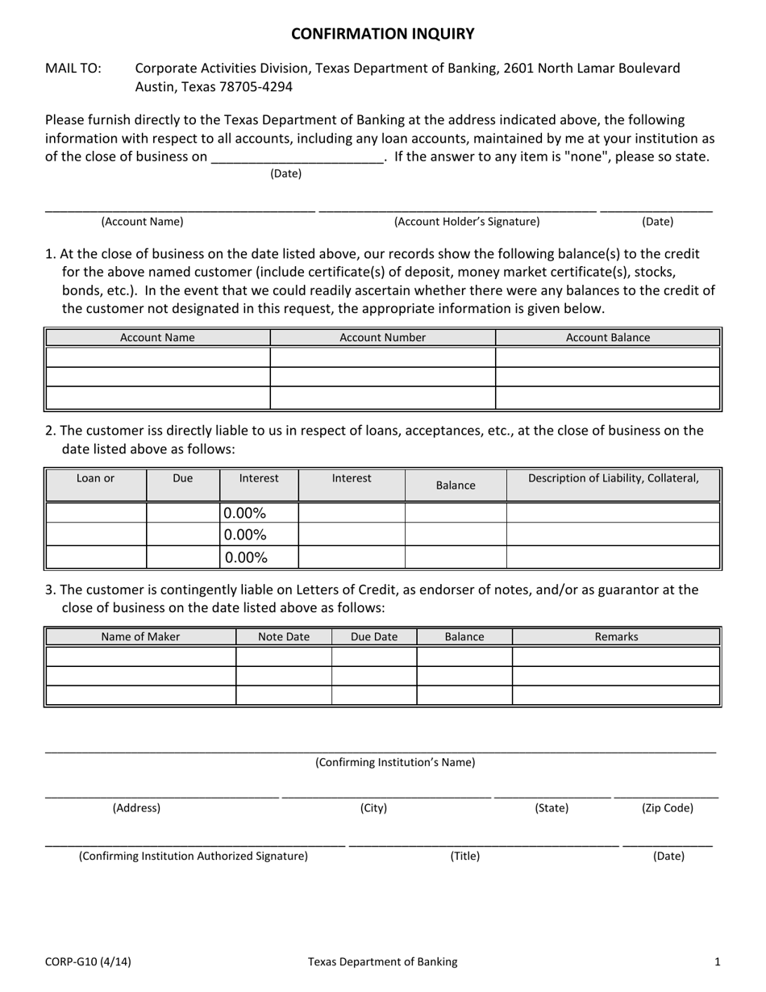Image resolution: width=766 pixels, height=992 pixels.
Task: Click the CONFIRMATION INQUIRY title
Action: [382, 34]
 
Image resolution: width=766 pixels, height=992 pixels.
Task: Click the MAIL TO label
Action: [73, 69]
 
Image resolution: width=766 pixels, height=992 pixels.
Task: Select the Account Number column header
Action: [382, 338]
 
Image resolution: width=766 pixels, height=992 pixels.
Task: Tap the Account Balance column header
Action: [607, 338]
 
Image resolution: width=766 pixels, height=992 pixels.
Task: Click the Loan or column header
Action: [95, 478]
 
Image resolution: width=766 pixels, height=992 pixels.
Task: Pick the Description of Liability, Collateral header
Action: [613, 478]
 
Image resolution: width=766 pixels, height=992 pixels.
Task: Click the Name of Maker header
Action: [140, 636]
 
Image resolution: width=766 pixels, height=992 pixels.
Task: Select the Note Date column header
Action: [283, 636]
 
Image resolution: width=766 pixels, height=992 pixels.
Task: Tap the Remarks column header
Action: [616, 636]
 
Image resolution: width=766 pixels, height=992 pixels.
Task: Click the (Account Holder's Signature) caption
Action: [466, 222]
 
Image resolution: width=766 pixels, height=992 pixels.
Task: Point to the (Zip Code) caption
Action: [667, 808]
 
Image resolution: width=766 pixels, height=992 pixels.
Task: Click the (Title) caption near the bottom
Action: [464, 857]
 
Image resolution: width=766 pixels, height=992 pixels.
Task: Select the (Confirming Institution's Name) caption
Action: [394, 762]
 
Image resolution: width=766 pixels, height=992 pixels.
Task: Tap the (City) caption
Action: [373, 808]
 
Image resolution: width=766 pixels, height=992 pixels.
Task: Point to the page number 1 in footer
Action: [717, 961]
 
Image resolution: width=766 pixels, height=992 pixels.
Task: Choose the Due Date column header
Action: [374, 636]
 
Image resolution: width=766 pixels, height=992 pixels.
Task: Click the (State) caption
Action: [552, 808]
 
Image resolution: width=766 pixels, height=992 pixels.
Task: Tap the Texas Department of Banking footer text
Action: [382, 961]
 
